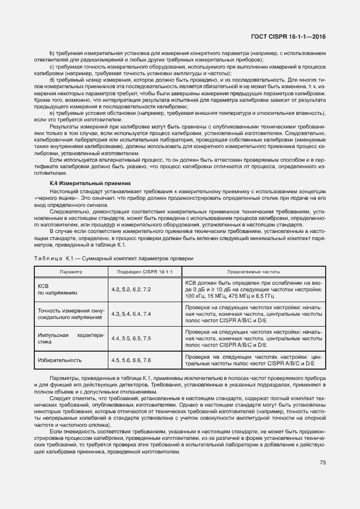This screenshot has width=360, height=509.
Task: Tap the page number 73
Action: click(322, 463)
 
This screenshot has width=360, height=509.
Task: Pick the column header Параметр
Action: click(71, 271)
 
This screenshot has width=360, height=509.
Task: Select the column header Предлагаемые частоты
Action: click(253, 271)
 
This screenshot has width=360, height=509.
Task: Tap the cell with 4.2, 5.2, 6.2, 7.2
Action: click(131, 290)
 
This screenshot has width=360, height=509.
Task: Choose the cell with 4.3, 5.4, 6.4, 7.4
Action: click(131, 314)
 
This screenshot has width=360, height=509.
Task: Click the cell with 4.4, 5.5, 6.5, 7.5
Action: click(131, 339)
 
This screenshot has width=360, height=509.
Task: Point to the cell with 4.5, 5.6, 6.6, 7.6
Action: click(131, 360)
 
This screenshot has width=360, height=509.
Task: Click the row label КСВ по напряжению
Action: click(57, 290)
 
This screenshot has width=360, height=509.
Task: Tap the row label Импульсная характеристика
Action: click(70, 339)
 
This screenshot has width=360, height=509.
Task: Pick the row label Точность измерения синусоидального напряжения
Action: click(70, 314)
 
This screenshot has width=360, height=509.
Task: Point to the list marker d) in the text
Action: click(52, 79)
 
